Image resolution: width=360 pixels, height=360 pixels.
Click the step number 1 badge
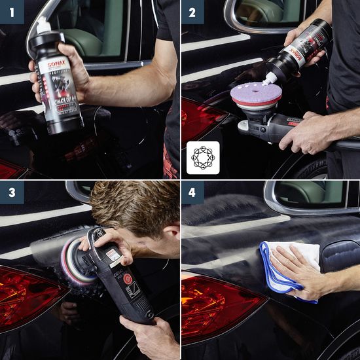[x=11, y=11]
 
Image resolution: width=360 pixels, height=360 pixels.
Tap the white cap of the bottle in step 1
[x=43, y=27]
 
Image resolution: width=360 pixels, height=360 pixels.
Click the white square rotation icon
[x=203, y=158]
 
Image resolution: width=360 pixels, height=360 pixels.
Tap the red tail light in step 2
[x=200, y=118]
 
